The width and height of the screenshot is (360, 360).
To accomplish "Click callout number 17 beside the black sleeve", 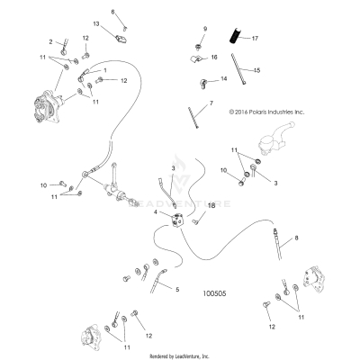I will [255, 39].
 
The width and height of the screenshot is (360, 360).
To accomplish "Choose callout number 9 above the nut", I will [204, 29].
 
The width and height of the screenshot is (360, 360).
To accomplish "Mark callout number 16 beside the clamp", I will [214, 57].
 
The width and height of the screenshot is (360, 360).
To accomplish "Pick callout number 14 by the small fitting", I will [224, 79].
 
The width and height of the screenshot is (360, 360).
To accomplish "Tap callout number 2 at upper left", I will [51, 41].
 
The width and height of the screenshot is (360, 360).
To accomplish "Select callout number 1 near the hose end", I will [105, 70].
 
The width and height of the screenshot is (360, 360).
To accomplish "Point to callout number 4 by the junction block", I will [156, 212].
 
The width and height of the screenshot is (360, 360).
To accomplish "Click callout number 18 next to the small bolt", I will [211, 206].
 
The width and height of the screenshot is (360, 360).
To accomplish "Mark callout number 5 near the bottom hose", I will [177, 290].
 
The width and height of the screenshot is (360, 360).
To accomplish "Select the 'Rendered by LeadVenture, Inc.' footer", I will [179, 355].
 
